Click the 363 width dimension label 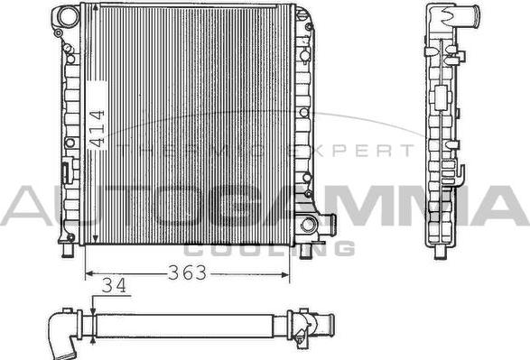click(187, 272)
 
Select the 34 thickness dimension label click(115, 285)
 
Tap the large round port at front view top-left click(67, 16)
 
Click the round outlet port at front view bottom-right click(309, 224)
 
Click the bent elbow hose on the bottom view click(62, 335)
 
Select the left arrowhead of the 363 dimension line click(88, 274)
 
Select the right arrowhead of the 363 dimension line click(285, 275)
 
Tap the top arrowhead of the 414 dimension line click(96, 8)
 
